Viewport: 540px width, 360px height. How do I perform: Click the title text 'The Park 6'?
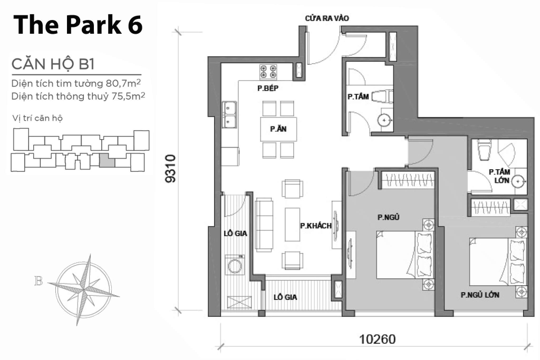click(x=77, y=25)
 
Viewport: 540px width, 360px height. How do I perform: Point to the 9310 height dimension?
click(x=170, y=169)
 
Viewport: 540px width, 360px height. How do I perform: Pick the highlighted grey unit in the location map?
click(x=107, y=159)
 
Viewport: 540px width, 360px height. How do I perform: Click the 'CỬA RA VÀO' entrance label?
click(x=327, y=18)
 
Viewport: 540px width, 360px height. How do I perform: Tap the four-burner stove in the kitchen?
click(x=268, y=71)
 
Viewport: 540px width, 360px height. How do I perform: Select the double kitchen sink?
click(x=230, y=115)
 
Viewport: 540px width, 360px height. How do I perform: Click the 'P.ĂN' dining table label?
click(x=278, y=129)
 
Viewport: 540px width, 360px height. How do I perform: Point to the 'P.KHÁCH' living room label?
click(x=315, y=226)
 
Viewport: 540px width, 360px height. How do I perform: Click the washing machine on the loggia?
click(x=236, y=264)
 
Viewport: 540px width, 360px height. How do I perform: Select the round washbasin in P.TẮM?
click(x=385, y=121)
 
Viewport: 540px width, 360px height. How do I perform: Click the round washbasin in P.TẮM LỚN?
click(x=519, y=182)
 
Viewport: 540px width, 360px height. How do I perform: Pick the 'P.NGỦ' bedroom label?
click(x=387, y=217)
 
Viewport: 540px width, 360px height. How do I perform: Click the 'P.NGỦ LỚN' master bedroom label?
click(x=479, y=295)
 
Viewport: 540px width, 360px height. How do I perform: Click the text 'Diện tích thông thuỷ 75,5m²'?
click(x=78, y=96)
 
